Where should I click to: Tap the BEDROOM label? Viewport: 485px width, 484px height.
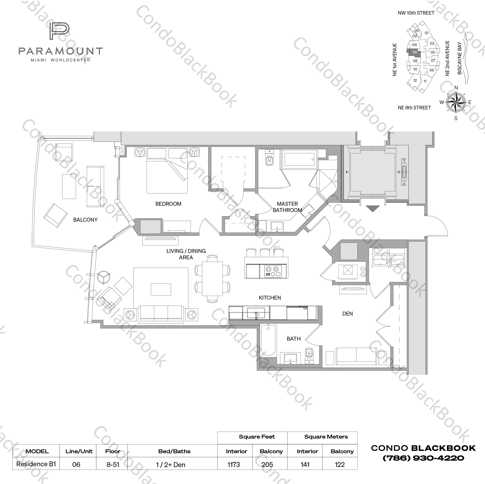coord(168,204)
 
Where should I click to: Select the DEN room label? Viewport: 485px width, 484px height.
coord(348,314)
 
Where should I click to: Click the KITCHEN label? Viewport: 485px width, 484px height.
coord(270,298)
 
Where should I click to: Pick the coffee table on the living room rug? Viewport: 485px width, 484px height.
coord(161,289)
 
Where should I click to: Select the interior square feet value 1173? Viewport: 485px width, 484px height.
coord(234,464)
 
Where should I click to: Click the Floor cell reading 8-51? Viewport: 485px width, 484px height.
coord(113,464)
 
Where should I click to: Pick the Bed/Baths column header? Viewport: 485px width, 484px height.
coord(174,451)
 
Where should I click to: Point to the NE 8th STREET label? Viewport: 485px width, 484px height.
coord(414,108)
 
